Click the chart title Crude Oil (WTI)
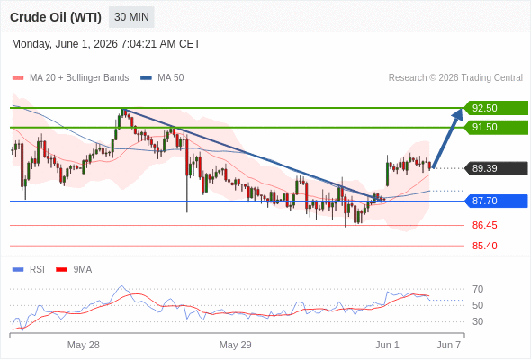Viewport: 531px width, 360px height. click(x=56, y=17)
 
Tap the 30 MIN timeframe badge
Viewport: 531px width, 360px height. click(x=131, y=17)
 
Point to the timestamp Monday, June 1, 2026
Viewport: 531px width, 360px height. click(x=65, y=44)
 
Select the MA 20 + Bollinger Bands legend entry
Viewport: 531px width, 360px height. click(x=70, y=78)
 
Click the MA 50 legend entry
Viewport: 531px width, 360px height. click(x=162, y=78)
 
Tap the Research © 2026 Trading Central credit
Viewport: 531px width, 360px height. click(x=455, y=78)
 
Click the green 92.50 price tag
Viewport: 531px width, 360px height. click(x=497, y=108)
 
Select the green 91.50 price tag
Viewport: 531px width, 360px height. click(x=497, y=127)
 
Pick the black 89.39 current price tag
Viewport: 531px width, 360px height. click(x=497, y=168)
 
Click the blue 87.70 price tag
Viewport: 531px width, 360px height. click(x=497, y=201)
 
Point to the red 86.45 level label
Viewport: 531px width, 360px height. click(x=484, y=225)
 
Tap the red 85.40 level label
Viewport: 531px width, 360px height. click(x=484, y=246)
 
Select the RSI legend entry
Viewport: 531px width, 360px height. click(x=29, y=270)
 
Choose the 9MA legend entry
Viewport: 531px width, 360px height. click(x=74, y=270)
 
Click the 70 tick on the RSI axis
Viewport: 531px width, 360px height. click(x=478, y=289)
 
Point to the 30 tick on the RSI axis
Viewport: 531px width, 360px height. click(x=478, y=321)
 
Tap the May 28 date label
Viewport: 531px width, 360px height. click(x=84, y=345)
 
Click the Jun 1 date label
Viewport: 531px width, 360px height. click(x=387, y=345)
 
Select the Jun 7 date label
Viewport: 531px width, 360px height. click(x=448, y=345)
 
